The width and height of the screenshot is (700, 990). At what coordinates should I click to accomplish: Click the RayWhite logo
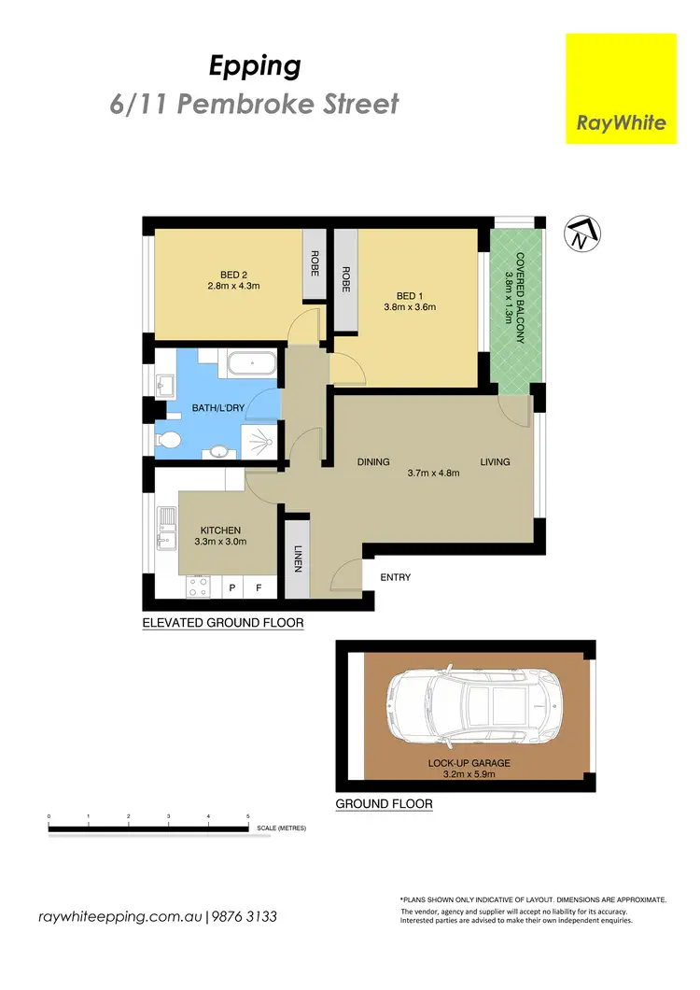coord(621,89)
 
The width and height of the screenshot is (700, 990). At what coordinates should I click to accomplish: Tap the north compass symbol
coord(582,234)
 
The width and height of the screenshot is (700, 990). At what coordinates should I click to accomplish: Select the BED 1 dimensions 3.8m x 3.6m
coord(410,306)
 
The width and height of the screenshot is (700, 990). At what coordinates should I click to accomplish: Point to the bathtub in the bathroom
coord(251,363)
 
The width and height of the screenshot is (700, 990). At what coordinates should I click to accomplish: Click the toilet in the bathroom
coord(169,439)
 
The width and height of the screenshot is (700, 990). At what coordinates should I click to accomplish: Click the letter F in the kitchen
coord(259,589)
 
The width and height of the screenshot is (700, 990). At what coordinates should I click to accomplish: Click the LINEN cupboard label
coord(298,559)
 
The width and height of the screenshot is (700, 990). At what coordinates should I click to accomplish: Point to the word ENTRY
coord(396,577)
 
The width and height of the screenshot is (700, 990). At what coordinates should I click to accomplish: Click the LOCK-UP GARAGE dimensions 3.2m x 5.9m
coord(470,773)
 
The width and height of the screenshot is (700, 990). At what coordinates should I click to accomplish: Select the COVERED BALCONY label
coord(514,297)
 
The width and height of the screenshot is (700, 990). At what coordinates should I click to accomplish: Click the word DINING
coord(373,462)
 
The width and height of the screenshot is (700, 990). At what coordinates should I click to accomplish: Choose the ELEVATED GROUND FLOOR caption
coord(222,622)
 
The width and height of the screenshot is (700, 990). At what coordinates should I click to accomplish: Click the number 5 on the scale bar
coord(248,817)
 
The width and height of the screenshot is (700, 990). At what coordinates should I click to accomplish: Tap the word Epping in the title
coord(254,66)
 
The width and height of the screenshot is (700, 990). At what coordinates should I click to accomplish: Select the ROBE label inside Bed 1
coord(345,280)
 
